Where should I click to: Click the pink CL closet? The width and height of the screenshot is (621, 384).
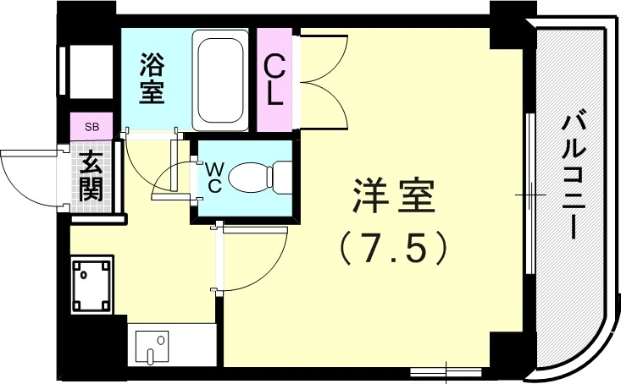[274, 80]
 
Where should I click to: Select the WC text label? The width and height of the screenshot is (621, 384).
[213, 177]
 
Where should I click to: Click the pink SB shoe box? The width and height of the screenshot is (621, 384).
[91, 127]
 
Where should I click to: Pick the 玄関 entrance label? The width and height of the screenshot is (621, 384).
[91, 175]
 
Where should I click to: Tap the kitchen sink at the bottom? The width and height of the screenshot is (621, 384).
[154, 347]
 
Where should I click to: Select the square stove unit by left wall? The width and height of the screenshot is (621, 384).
[91, 286]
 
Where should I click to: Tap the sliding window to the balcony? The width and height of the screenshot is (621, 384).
[530, 195]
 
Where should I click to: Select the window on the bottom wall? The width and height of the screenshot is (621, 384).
[445, 370]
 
